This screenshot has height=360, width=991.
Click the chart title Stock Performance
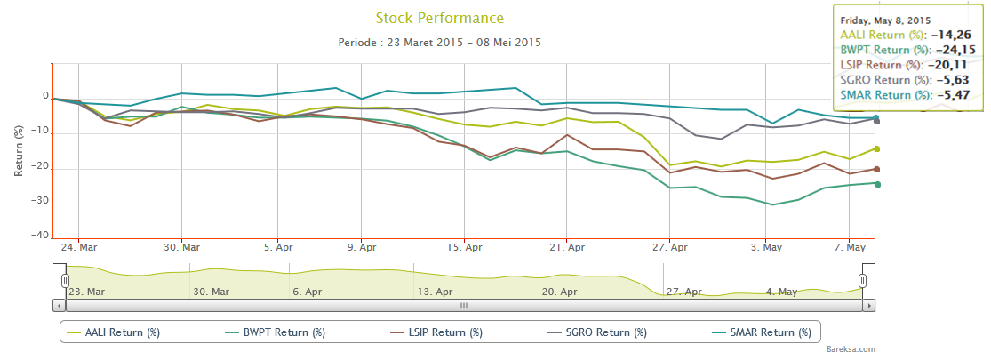439,18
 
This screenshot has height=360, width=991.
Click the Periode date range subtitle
439,42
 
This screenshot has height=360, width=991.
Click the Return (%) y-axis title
19,151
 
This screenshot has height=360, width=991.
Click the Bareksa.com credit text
851,350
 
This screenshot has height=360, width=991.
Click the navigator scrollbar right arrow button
869,305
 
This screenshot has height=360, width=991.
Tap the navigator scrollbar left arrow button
60,305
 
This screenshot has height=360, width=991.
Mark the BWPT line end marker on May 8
876,184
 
